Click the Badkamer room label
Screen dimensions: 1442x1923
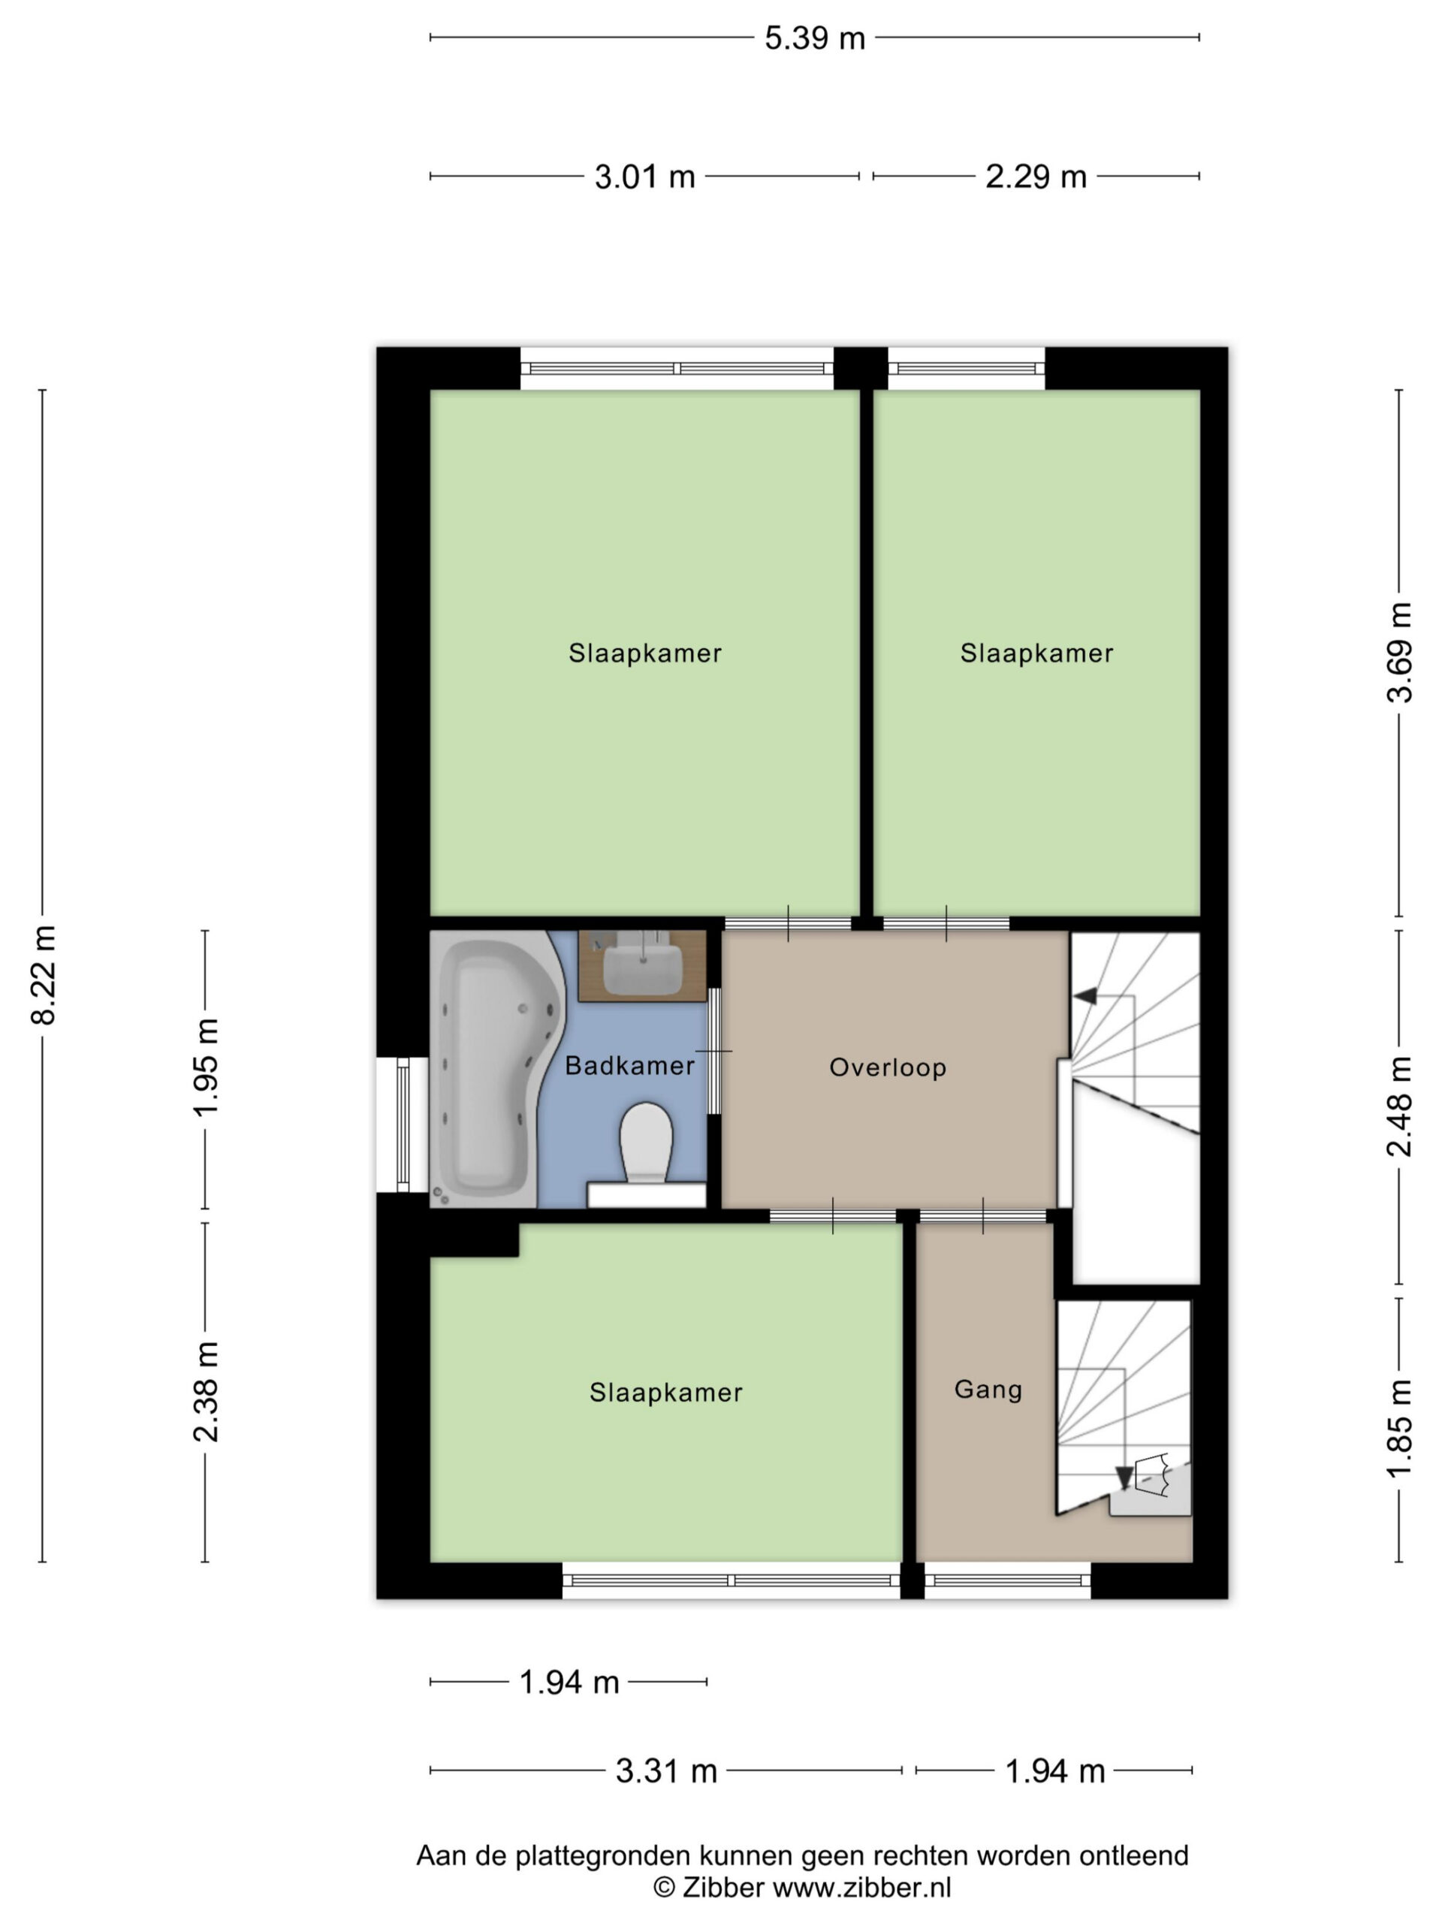629,1066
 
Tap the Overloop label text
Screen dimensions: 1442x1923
888,1067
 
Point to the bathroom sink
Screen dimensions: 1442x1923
642,966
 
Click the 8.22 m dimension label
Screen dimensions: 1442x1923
44,976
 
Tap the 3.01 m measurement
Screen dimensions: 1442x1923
645,177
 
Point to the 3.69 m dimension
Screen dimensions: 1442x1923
1399,652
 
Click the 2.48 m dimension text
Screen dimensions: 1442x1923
1399,1106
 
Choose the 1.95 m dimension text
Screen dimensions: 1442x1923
206,1067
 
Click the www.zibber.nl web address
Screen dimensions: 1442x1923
862,1888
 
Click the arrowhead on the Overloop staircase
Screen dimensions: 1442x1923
1085,996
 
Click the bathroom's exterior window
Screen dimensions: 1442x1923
403,1124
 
